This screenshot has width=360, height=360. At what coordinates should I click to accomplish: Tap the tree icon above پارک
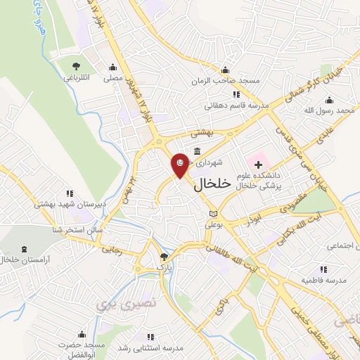165,257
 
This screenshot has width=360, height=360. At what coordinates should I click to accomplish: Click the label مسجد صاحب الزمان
226,80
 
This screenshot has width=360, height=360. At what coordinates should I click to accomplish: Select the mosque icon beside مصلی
112,67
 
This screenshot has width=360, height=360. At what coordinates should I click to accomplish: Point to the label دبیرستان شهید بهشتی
70,204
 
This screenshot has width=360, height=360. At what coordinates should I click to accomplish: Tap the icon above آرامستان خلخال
26,249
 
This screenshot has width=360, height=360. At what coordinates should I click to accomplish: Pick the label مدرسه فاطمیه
323,280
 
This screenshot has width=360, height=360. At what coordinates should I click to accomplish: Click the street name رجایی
112,249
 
